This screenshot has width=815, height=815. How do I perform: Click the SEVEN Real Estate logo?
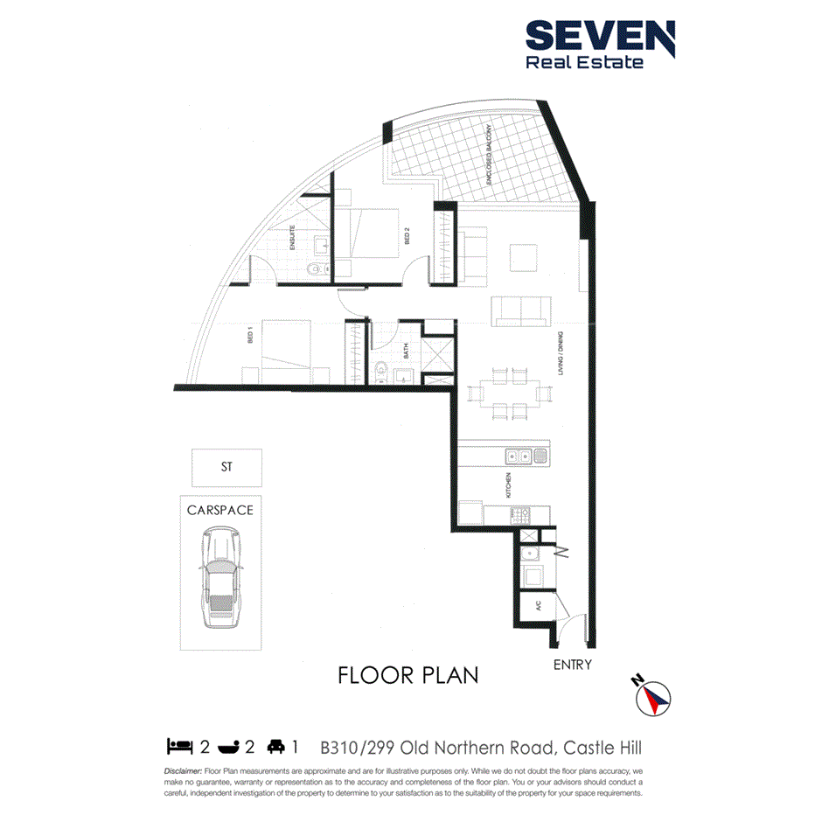tap(599, 45)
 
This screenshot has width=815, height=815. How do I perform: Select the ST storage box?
tap(226, 468)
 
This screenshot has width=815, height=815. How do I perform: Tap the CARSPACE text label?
tap(220, 509)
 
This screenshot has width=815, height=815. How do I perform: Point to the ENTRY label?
tap(573, 665)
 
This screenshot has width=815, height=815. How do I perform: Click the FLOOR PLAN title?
tap(407, 675)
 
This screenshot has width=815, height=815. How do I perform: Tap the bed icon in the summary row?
tap(179, 746)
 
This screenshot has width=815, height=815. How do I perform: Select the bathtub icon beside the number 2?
tap(229, 746)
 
